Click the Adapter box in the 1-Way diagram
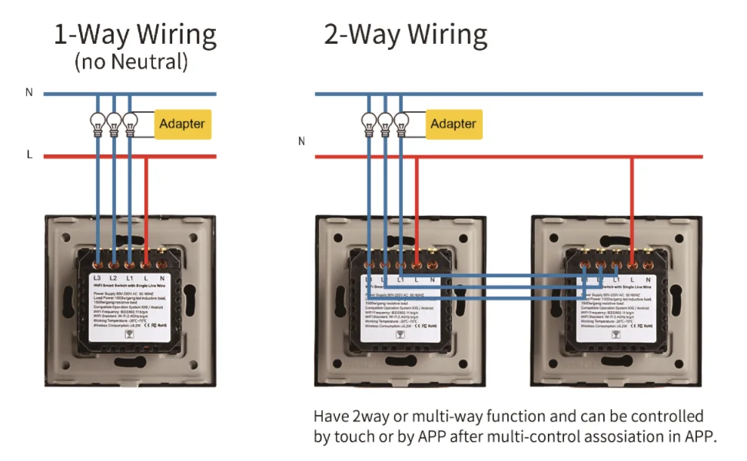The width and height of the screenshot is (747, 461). coord(182,124)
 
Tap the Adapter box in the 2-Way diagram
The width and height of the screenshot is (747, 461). coord(453,124)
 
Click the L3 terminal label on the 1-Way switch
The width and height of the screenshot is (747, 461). coord(98,277)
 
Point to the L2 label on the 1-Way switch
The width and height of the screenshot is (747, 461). coord(114,277)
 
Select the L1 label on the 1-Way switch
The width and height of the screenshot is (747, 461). coord(130,277)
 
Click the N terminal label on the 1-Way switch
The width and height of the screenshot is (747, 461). coord(162,277)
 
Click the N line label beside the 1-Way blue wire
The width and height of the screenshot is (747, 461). coord(29,93)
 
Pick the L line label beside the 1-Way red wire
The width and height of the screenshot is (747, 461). coord(29,154)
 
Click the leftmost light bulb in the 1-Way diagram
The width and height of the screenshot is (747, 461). coord(98,122)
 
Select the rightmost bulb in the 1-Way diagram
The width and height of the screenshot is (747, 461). coord(130,122)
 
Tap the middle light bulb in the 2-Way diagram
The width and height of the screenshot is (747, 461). coord(384,122)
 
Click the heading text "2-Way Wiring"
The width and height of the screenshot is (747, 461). coord(405,35)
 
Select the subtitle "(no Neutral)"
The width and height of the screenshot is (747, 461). coord(131,62)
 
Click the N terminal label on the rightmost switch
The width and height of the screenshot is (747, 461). coord(648,279)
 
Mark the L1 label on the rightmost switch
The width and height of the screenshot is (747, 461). coord(616,279)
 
